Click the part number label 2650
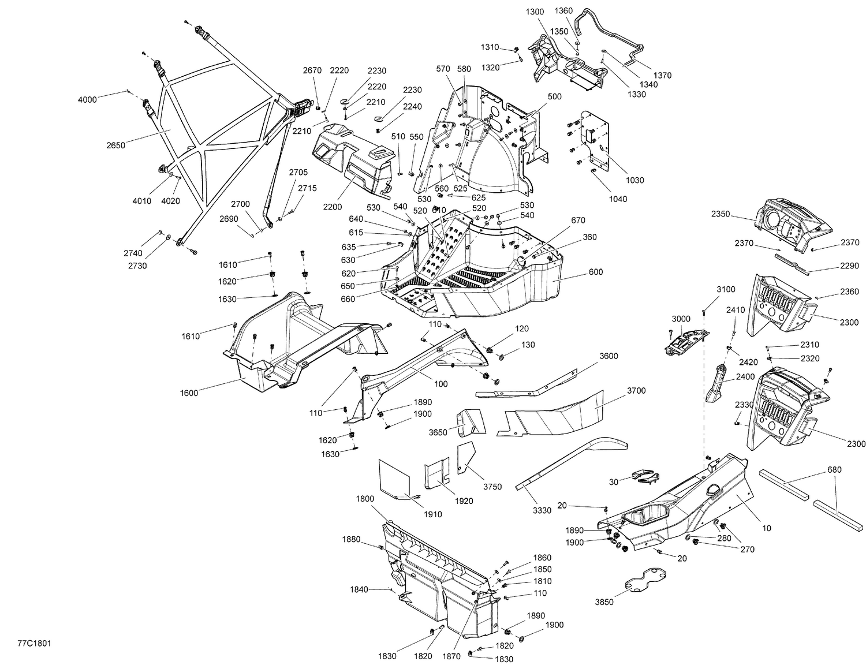point(115,145)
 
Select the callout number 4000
point(87,100)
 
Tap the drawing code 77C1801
point(34,644)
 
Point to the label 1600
point(189,393)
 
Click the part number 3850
point(604,602)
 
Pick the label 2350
point(721,214)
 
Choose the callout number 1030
point(635,180)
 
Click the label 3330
point(542,510)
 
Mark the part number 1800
point(365,499)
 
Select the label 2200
point(333,207)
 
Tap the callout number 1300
point(535,12)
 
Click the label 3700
point(636,390)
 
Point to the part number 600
point(596,272)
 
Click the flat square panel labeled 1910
point(394,480)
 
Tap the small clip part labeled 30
point(645,477)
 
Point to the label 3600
point(609,356)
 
